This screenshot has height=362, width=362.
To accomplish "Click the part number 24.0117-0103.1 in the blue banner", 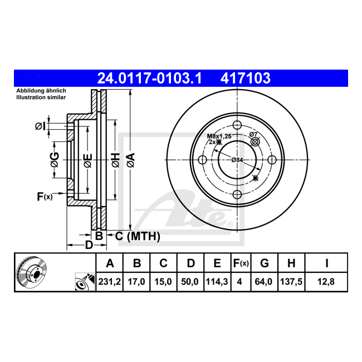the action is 150,78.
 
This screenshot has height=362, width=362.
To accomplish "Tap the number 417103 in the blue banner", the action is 245,78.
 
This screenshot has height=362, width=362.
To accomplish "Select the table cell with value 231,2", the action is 109,282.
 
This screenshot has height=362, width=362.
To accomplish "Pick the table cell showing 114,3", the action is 217,282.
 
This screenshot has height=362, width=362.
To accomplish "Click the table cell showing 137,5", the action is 291,282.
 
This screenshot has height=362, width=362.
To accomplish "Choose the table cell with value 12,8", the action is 326,282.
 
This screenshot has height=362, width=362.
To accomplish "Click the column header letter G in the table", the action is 265,263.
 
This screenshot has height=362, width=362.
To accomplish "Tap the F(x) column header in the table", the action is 241,263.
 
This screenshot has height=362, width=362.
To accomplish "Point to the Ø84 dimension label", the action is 237,159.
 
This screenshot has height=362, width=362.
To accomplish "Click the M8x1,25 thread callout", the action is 219,136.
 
